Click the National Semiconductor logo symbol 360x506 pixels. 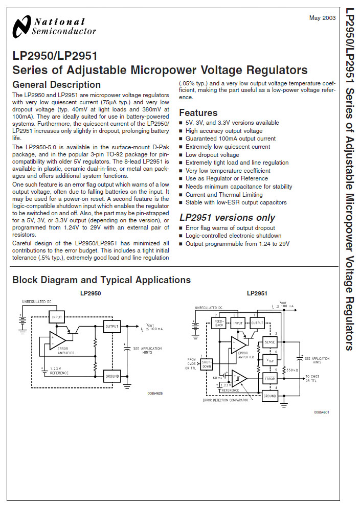21,27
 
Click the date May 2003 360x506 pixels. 322,18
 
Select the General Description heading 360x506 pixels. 56,85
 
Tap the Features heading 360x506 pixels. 198,113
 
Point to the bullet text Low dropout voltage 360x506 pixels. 212,155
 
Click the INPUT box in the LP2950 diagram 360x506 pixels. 57,317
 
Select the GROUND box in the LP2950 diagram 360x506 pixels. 111,376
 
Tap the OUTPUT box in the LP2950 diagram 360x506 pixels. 111,326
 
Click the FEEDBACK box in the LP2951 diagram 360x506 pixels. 219,324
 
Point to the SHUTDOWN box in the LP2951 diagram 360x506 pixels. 207,364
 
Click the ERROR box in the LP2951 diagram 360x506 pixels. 269,379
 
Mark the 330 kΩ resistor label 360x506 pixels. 292,369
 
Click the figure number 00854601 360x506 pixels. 322,412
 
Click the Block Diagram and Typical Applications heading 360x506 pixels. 101,280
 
